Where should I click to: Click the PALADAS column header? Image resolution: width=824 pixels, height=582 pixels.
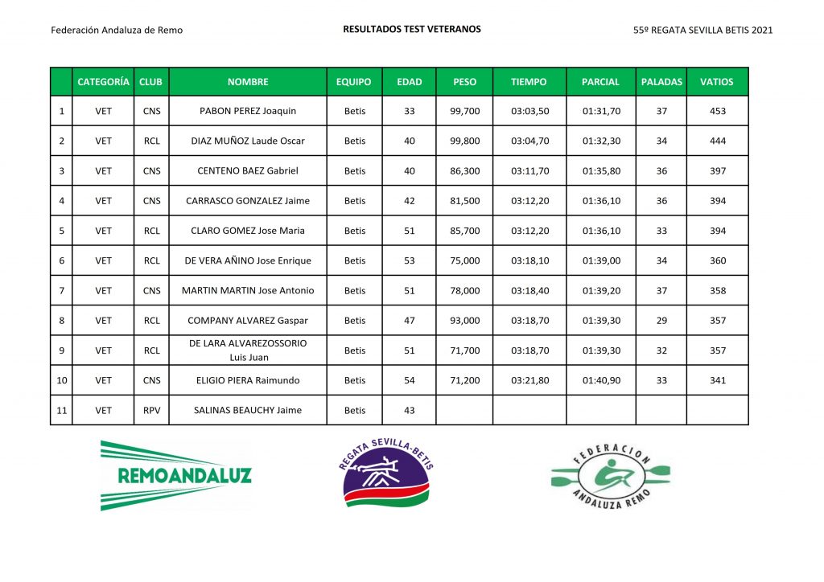661,81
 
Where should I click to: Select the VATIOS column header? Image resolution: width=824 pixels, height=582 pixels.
717,81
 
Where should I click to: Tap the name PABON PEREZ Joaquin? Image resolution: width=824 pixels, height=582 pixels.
248,111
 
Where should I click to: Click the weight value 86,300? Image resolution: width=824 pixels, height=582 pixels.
464,171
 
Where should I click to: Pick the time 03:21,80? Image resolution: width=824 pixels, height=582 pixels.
529,380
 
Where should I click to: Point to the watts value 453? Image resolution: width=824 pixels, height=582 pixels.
717,111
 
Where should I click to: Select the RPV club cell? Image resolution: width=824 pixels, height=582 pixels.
151,410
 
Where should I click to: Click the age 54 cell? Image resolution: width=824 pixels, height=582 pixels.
410,380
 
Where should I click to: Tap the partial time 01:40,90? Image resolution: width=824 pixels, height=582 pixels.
601,380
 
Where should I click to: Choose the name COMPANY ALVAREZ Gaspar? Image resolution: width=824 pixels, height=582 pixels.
248,321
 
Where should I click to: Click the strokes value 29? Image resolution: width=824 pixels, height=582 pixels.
661,321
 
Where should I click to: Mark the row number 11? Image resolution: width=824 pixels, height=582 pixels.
61,410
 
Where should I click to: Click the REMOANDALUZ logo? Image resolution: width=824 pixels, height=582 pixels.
175,474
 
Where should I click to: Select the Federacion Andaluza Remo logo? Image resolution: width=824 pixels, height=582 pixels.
610,476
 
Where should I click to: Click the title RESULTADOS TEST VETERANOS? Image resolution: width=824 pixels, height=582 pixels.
412,29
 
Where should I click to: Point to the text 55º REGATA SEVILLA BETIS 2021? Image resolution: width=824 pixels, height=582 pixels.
703,31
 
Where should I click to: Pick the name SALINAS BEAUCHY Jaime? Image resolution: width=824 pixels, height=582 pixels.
248,410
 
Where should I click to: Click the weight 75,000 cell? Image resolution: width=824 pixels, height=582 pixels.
464,260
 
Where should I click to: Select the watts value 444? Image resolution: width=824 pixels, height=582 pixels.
717,141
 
